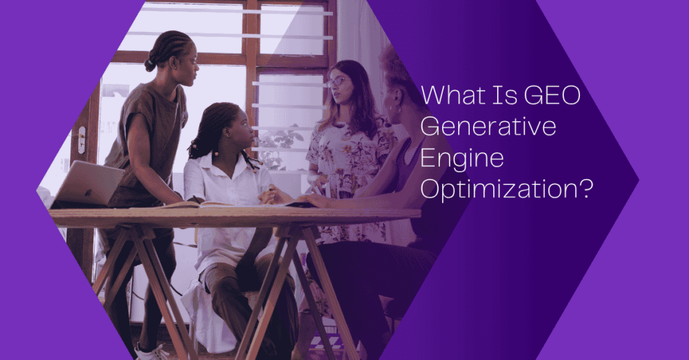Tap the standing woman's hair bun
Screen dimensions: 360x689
click(x=150, y=64)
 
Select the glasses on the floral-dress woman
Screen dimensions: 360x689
click(x=336, y=81)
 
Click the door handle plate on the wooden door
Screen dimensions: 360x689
click(x=81, y=139)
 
